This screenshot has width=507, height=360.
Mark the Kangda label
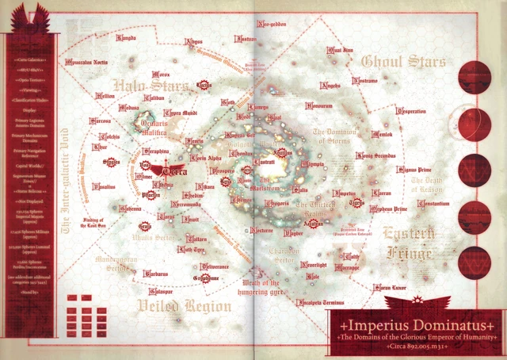(128, 36)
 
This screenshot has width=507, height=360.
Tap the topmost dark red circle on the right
(475, 77)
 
